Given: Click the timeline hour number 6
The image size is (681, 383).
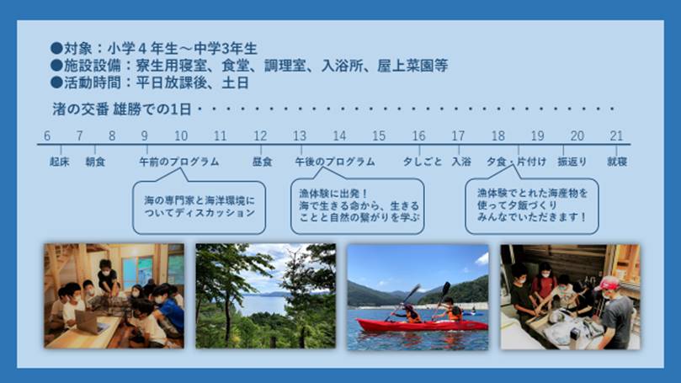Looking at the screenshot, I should pos(47,136).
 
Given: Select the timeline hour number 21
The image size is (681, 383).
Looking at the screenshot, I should pos(617,136).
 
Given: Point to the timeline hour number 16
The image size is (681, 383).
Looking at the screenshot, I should pos(418,136).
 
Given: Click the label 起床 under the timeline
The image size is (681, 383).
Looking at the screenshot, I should pos(59,161).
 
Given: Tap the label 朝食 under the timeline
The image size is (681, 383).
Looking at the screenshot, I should pos(95,161).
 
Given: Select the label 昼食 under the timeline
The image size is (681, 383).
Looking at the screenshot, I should pos(262,161).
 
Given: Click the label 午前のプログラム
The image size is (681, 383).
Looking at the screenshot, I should pos(179,161).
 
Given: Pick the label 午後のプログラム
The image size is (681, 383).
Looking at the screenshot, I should pos(335,161).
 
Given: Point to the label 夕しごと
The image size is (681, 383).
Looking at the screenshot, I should pos(423,161).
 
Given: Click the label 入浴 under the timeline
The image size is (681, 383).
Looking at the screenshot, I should pos(460,161).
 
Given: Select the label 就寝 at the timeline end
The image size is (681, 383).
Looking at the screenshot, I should pos(618,161).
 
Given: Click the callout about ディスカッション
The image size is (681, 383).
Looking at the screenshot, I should pos(199,206).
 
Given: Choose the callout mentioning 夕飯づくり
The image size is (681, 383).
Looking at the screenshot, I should pos(532,205).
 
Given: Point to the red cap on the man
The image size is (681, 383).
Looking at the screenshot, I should pos(610,283).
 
